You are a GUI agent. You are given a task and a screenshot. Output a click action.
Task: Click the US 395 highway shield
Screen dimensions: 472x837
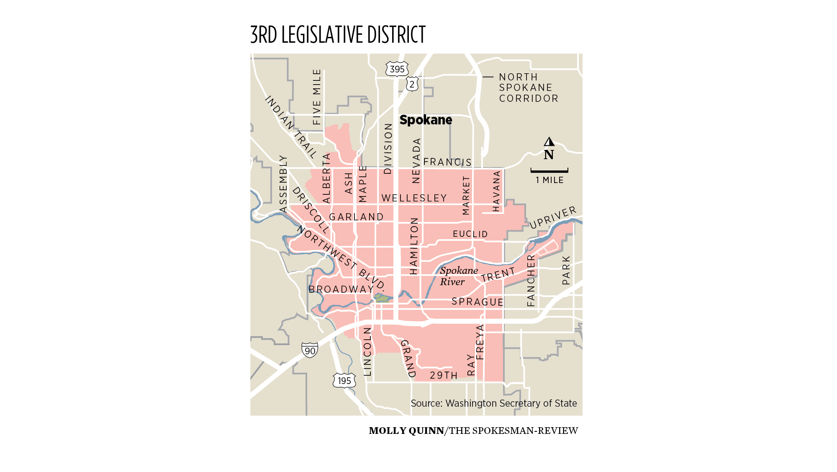point(397,69)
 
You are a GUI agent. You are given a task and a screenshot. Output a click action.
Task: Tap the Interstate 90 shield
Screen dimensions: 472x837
point(310,350)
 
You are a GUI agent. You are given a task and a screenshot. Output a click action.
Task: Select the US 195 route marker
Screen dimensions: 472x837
point(344,380)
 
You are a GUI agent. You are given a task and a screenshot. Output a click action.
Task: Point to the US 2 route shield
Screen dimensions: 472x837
point(412,84)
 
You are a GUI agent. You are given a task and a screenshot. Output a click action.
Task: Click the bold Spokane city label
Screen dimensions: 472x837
point(426,120)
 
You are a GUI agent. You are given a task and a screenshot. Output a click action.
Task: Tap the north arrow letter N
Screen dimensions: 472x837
point(549,155)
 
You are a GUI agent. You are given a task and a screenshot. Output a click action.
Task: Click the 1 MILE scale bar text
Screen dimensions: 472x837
point(549,180)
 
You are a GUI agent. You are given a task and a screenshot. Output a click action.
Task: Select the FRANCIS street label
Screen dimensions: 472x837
point(447,162)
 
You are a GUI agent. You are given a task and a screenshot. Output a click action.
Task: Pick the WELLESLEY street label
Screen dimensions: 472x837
point(414,198)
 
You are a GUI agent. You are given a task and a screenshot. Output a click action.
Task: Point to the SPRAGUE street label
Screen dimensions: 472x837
point(478,302)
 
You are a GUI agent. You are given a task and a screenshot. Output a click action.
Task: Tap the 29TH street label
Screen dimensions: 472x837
point(444,375)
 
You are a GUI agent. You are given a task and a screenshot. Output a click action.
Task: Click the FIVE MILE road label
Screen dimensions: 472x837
point(317,97)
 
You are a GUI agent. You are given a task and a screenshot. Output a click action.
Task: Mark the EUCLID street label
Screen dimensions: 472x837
point(470,234)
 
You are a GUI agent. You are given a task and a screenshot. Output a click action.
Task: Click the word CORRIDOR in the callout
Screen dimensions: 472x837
point(529,98)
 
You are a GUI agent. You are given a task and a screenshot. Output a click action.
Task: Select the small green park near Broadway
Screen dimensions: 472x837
point(382,298)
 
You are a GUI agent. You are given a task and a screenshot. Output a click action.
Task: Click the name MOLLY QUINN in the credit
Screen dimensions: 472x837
point(406,431)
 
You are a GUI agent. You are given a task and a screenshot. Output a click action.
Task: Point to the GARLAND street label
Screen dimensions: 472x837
point(356,217)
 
